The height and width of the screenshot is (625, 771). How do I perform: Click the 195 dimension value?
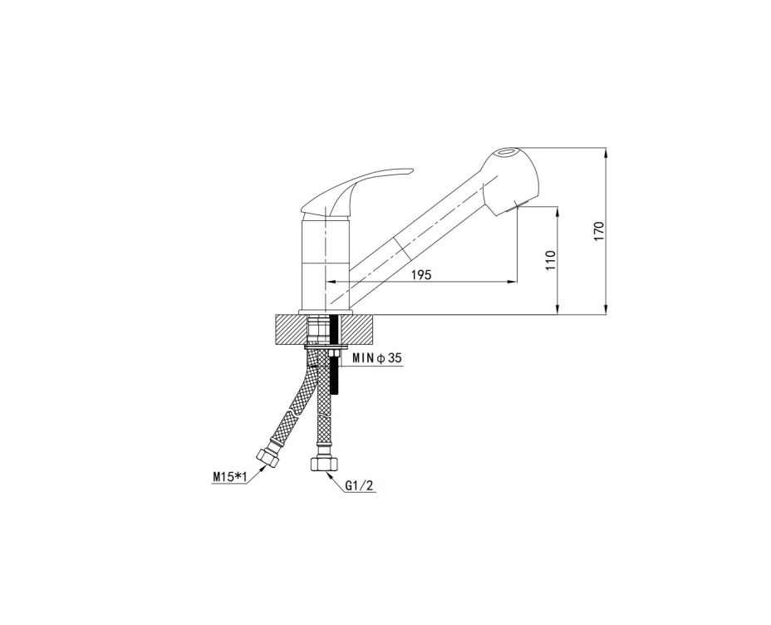pyautogui.click(x=421, y=275)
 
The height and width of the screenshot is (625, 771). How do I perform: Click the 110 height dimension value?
pyautogui.click(x=550, y=259)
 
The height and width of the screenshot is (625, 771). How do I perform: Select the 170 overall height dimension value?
pyautogui.click(x=598, y=230)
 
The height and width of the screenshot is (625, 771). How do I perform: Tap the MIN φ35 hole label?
pyautogui.click(x=376, y=358)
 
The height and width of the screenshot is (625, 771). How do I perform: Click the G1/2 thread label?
pyautogui.click(x=360, y=486)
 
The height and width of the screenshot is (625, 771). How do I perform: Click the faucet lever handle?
pyautogui.click(x=356, y=192)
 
